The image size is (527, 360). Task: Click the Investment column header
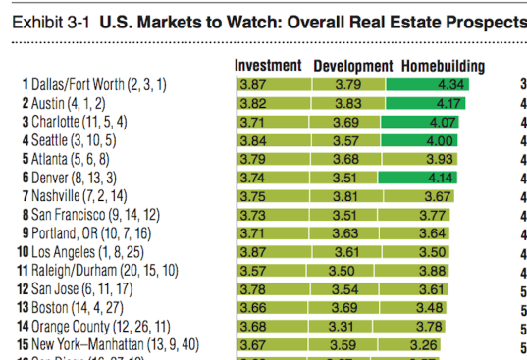[x=268, y=67]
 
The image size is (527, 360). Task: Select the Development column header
[x=352, y=67]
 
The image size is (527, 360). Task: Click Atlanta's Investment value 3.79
[x=253, y=159]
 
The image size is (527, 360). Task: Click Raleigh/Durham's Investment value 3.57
[x=253, y=270]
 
